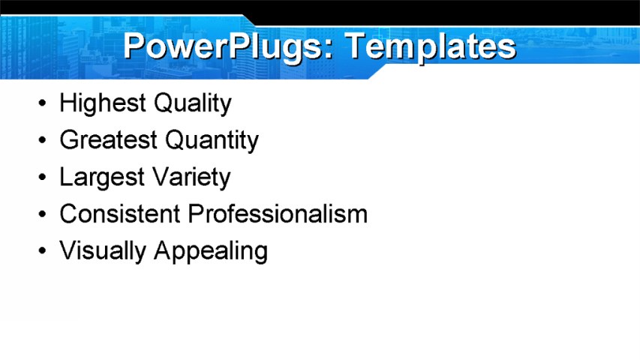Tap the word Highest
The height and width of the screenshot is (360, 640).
[104, 103]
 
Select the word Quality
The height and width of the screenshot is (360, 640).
[193, 103]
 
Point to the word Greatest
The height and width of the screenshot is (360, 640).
[108, 140]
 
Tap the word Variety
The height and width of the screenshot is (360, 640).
[191, 178]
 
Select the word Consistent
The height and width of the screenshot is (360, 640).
[120, 214]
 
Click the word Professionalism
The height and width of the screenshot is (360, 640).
[278, 214]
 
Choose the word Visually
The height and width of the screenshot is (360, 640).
[103, 250]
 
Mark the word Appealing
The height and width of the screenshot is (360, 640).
[211, 251]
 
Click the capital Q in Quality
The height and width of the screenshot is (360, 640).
[164, 103]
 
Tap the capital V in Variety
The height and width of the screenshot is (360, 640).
[161, 177]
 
